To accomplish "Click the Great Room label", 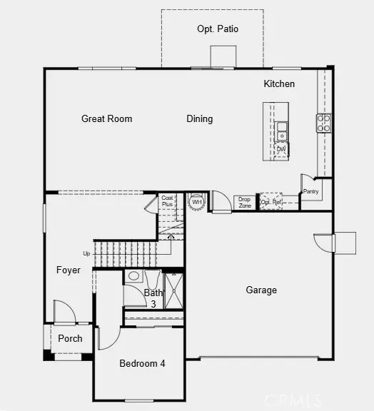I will click(106, 119).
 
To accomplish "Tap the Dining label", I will click(200, 119).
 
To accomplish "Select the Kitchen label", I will click(279, 84).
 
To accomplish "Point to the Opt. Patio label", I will click(218, 29).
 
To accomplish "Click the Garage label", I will click(261, 290).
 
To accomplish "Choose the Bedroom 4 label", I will click(142, 363).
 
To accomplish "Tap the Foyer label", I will click(69, 270).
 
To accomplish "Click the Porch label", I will click(70, 338).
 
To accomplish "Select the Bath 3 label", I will click(153, 298).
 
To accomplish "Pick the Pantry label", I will click(310, 191).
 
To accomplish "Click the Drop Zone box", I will click(245, 202).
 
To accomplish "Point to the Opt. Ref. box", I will click(271, 202).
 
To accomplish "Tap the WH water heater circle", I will click(196, 202).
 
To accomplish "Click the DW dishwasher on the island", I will click(281, 149).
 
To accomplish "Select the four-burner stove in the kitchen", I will click(323, 123).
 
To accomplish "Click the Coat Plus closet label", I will click(167, 201).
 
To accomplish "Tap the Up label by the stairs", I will click(87, 253).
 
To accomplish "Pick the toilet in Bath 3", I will click(133, 277).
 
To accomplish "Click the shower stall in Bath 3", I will click(173, 290).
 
